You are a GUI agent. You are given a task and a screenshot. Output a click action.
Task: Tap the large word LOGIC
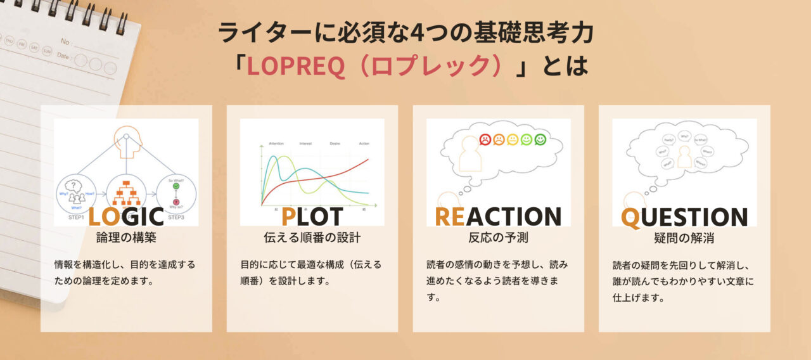coord(126,216)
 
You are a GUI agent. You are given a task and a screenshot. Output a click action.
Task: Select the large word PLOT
coord(312,216)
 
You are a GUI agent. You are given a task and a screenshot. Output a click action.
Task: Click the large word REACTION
coord(498,216)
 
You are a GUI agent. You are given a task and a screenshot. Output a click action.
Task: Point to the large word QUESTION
coord(684,216)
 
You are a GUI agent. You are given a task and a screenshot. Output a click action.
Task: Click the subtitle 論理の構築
coord(126,238)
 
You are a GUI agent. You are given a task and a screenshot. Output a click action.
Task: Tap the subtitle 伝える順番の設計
coord(312,238)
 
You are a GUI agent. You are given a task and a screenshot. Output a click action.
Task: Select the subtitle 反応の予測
coord(498,238)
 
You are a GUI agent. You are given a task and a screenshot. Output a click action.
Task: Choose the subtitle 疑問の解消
coord(684,238)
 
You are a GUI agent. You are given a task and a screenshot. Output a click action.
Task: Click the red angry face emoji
coord(485,139)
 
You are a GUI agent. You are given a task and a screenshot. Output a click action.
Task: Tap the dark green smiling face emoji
coord(540,139)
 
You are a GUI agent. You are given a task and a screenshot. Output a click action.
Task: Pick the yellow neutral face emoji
coord(513,139)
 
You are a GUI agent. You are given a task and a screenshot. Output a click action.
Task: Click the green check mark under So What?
coord(176,186)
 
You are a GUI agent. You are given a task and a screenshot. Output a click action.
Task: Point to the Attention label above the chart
coord(276,144)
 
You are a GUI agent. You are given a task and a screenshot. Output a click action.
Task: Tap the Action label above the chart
coord(364,144)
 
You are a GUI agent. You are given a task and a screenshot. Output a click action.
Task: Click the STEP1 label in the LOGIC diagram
coord(76,218)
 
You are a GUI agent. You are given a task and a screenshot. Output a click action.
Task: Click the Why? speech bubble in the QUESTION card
coord(684,136)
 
